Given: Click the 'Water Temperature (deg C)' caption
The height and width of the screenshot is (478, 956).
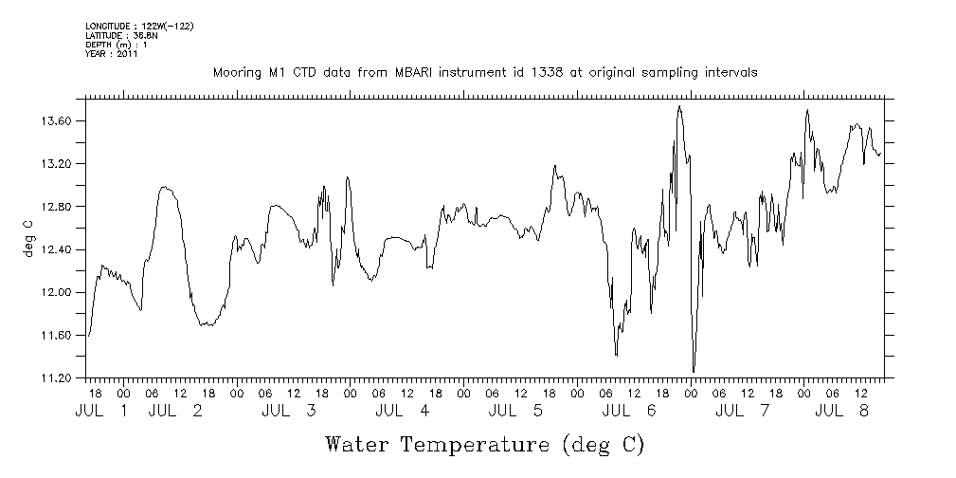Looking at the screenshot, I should click(485, 444).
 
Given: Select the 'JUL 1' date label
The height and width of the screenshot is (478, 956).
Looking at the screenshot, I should click(104, 411).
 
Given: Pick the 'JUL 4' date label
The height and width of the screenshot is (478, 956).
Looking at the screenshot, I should click(402, 411).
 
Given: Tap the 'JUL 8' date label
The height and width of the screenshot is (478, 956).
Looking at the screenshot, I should click(843, 411).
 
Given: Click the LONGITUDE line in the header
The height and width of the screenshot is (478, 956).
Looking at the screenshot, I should click(139, 26).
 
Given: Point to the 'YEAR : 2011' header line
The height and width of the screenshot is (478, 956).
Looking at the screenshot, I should click(112, 54).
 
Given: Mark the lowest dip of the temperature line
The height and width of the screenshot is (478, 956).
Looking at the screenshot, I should click(694, 371).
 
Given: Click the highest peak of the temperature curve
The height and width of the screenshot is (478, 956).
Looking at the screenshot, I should click(679, 106).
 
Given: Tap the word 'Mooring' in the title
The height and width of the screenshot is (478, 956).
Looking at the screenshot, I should click(234, 73).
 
